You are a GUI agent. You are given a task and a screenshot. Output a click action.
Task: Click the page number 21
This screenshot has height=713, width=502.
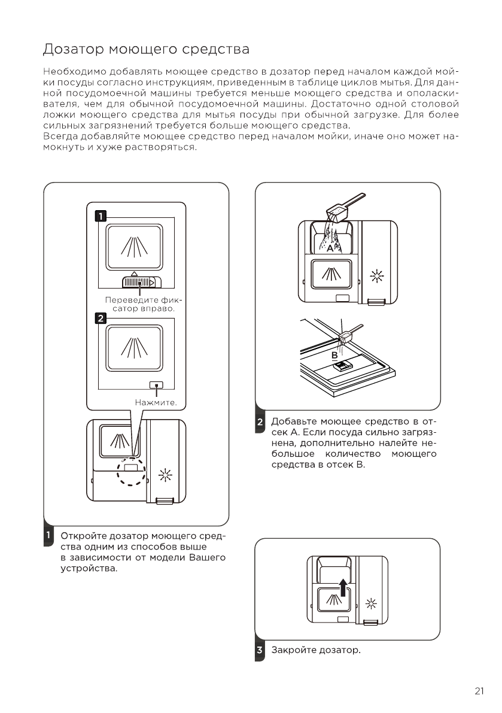click(479, 691)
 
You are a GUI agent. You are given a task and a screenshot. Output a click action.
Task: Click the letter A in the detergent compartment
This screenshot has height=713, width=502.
click(330, 247)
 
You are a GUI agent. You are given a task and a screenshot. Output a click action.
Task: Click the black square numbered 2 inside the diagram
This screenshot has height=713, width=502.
click(101, 318)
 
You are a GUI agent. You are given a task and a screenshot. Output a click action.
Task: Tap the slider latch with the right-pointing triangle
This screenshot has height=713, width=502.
click(139, 282)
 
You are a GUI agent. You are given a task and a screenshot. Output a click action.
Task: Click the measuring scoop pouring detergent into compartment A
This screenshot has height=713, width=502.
click(342, 213)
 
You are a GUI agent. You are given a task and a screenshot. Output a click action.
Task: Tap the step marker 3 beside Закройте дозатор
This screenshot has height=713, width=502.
click(260, 650)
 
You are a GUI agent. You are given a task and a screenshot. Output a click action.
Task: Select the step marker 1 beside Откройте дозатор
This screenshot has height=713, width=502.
click(48, 535)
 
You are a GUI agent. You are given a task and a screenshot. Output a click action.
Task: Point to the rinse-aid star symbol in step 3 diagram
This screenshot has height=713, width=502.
click(372, 602)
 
